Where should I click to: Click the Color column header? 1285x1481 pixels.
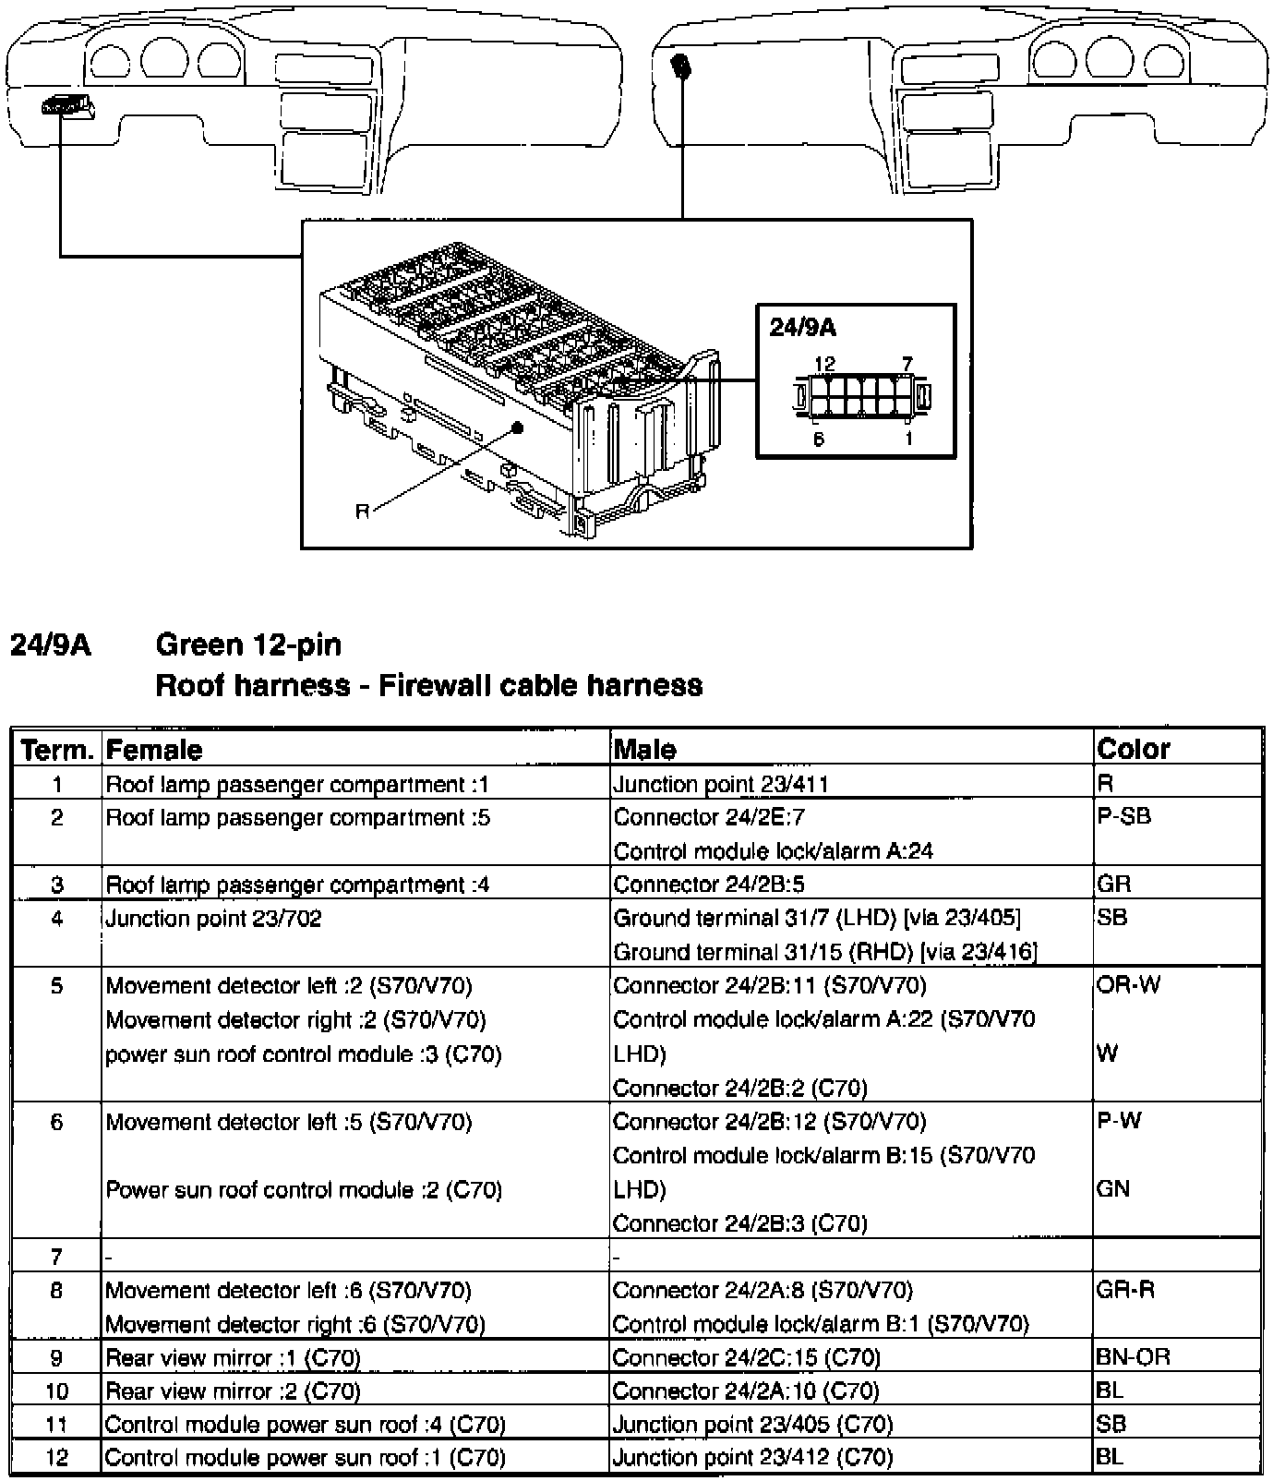(1133, 748)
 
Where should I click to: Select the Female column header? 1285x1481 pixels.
(154, 749)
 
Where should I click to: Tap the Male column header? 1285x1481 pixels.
(644, 749)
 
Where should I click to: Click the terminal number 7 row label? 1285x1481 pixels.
(56, 1256)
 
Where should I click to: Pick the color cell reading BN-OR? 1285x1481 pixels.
(1132, 1357)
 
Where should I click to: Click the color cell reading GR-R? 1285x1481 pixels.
(1125, 1290)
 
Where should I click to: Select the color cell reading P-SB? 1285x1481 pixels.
(1123, 817)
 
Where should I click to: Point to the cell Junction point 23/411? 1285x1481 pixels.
(721, 785)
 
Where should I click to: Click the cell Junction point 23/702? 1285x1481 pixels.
(213, 919)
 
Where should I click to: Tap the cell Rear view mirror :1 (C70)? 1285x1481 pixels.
(233, 1358)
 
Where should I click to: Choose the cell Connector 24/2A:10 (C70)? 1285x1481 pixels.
(746, 1391)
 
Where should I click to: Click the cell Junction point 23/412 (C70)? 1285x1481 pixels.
(752, 1459)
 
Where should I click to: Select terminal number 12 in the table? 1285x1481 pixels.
(56, 1459)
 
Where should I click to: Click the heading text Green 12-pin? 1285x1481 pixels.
(248, 644)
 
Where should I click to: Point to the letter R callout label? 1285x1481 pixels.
(363, 512)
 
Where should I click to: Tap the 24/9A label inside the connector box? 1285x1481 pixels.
(803, 328)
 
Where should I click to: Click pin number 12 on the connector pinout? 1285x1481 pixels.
(823, 365)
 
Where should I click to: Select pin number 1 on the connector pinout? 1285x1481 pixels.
(908, 439)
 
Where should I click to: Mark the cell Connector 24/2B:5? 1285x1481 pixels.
(708, 885)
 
